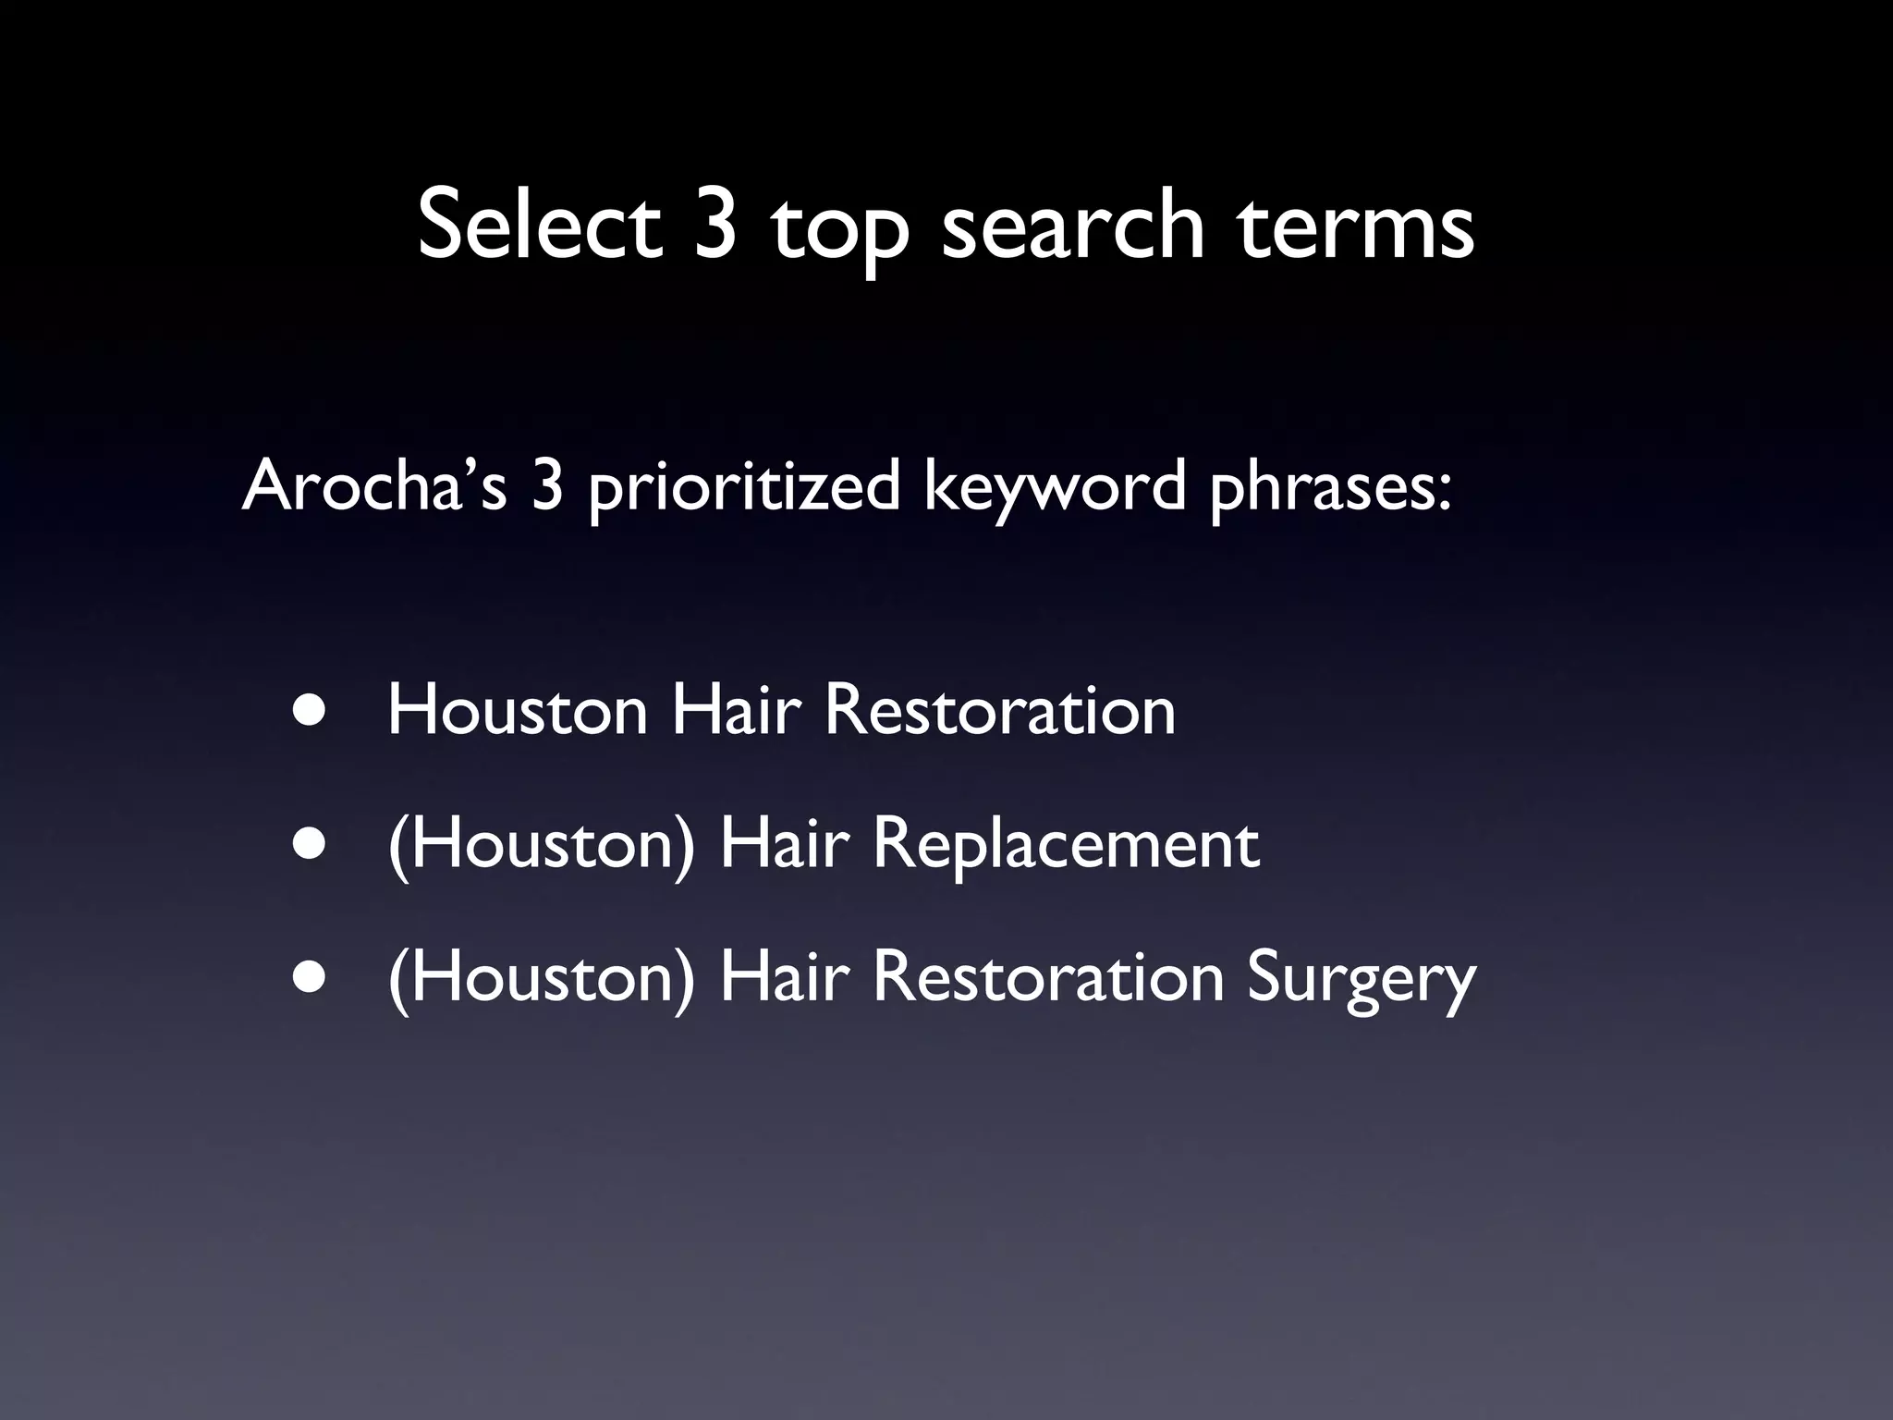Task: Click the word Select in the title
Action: tap(540, 225)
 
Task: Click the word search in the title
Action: tap(1073, 225)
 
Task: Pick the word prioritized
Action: tap(743, 487)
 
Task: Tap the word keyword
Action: tap(1055, 487)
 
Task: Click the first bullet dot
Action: tap(310, 711)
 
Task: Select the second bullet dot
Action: tap(310, 844)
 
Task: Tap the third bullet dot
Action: tap(310, 978)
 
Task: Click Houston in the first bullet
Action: tap(518, 711)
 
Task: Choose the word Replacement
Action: tap(1066, 846)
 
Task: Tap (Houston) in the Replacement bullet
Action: tap(541, 846)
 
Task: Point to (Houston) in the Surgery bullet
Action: tap(541, 979)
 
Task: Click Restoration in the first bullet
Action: tap(999, 711)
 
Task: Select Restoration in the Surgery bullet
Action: tap(1048, 978)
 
